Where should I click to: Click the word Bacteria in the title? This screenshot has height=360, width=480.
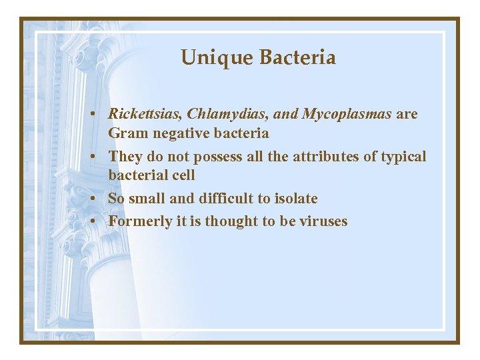pos(297,58)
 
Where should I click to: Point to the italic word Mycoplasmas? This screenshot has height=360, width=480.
pos(347,114)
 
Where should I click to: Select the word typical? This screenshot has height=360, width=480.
pos(403,157)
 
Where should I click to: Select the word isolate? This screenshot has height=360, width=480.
pos(294,199)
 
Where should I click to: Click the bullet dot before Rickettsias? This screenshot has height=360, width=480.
pos(97,115)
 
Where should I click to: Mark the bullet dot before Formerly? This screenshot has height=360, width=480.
pos(97,222)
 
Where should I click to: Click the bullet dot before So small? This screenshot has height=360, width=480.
pos(97,199)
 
